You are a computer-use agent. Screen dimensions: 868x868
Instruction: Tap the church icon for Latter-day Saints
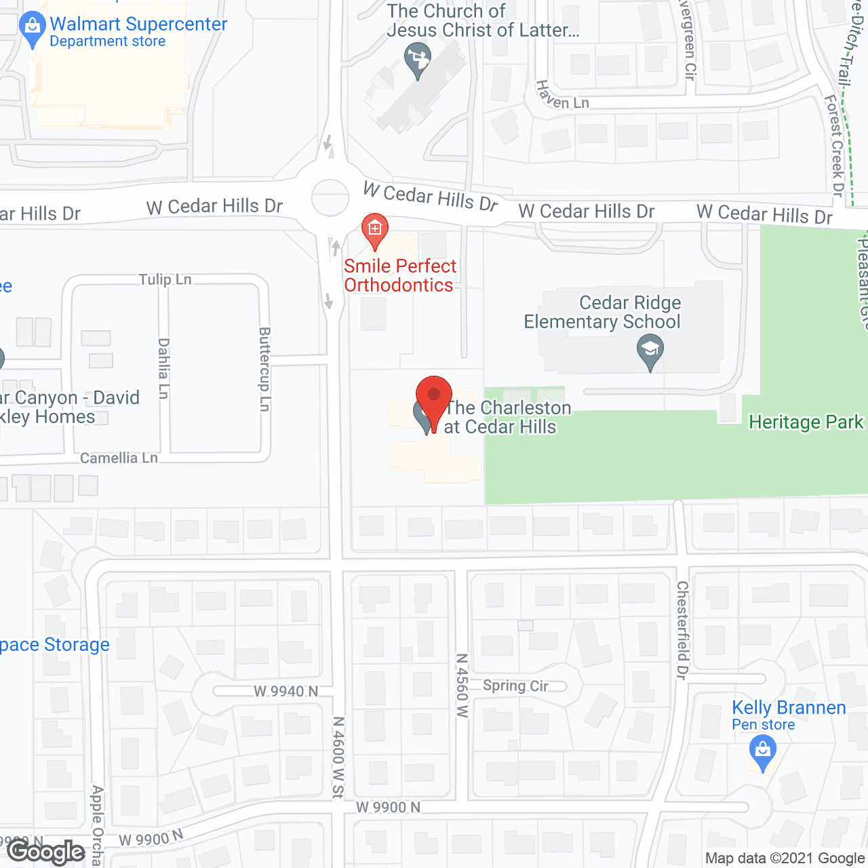[417, 60]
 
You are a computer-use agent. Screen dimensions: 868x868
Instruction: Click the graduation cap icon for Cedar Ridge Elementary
[650, 353]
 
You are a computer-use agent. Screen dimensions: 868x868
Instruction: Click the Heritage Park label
[806, 422]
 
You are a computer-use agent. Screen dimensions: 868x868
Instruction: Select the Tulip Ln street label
[165, 279]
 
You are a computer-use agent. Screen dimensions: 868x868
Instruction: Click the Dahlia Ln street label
[163, 368]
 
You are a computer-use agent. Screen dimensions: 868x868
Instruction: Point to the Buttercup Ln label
[264, 369]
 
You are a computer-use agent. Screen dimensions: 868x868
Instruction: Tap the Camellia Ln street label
[119, 458]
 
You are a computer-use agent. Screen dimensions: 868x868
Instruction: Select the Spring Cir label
[515, 686]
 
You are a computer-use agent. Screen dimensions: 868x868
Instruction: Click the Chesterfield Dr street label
[682, 630]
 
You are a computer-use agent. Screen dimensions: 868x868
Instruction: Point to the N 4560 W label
[462, 686]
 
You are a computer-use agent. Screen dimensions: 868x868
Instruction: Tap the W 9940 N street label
[285, 691]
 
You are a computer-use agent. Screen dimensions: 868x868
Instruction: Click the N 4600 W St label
[338, 757]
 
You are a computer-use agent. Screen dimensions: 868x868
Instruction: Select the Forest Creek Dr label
[834, 145]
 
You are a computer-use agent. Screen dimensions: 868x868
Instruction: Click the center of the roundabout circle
[330, 197]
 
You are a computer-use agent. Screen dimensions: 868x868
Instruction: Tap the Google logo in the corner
[46, 852]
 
